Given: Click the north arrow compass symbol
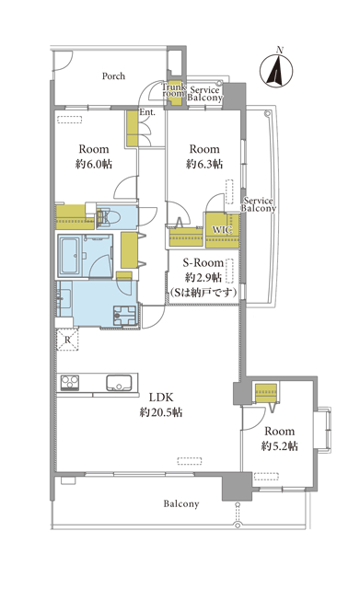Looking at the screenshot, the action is tap(276, 70).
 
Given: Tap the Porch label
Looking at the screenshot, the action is tap(113, 76).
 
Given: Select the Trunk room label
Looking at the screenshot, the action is tap(174, 90).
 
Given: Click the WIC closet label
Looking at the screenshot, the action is tap(222, 229).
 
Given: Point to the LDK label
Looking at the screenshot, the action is tap(161, 397).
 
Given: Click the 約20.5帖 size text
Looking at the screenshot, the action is tap(161, 412).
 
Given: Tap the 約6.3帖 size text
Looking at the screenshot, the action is tap(204, 165).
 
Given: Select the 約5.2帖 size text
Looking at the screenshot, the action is tap(280, 446).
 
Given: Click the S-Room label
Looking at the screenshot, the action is tap(203, 262).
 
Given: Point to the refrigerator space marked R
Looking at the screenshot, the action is tap(67, 340).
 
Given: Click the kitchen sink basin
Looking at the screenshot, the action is tap(119, 383).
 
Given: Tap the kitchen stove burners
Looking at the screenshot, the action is tap(70, 383).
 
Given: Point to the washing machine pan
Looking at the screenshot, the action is tap(124, 316).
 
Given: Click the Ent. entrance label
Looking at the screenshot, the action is tap(147, 112).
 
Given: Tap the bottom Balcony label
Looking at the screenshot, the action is tap(181, 503).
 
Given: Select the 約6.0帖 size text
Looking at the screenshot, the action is tap(94, 165).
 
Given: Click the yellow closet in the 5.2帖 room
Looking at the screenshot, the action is tap(266, 393).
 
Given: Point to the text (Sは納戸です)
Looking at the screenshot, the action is tap(203, 293).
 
